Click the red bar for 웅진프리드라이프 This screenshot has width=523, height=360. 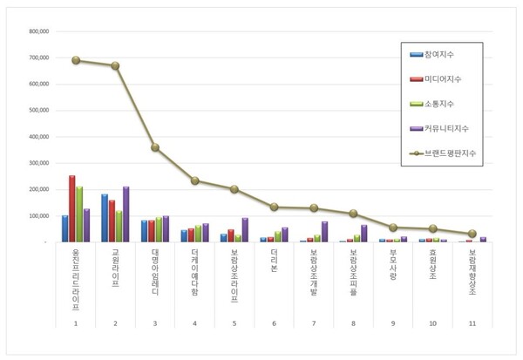click(72, 209)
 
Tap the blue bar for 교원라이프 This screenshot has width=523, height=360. click(105, 218)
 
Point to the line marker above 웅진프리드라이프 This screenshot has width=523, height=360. click(76, 60)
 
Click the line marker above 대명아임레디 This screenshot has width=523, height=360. click(155, 147)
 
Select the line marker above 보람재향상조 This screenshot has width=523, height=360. click(472, 234)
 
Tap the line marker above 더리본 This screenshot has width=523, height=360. click(274, 207)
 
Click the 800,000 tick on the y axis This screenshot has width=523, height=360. click(36, 32)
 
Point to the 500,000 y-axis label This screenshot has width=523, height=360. click(36, 111)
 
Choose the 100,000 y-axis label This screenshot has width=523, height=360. click(36, 215)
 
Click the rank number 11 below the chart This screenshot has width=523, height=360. click(472, 323)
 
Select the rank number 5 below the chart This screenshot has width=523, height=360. click(234, 323)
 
